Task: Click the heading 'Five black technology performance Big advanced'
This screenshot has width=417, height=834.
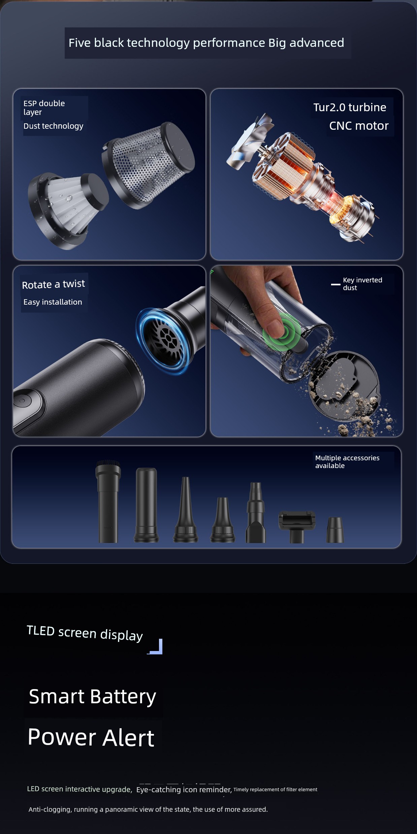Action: coord(206,43)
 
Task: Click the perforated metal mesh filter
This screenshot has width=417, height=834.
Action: coord(148,165)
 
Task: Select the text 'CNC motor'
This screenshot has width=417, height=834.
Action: coord(359,126)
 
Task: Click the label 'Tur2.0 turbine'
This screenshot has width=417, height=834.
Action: coord(350,107)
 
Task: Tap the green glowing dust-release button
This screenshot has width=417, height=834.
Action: coord(282,332)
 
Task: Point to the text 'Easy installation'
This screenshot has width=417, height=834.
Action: coord(53,302)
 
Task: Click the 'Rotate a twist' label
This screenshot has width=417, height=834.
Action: coord(53,284)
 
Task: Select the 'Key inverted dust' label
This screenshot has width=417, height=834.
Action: coord(362,284)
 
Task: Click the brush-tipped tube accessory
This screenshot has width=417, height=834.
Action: coord(108,501)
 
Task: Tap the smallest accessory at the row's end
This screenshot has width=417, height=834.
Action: coord(335,530)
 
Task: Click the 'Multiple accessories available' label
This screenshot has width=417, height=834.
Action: coord(347,462)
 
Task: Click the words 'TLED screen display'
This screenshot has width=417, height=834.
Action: coord(85,633)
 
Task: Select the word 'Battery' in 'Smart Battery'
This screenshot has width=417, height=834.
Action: coord(123,697)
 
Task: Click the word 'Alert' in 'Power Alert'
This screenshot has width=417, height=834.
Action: coord(128,738)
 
